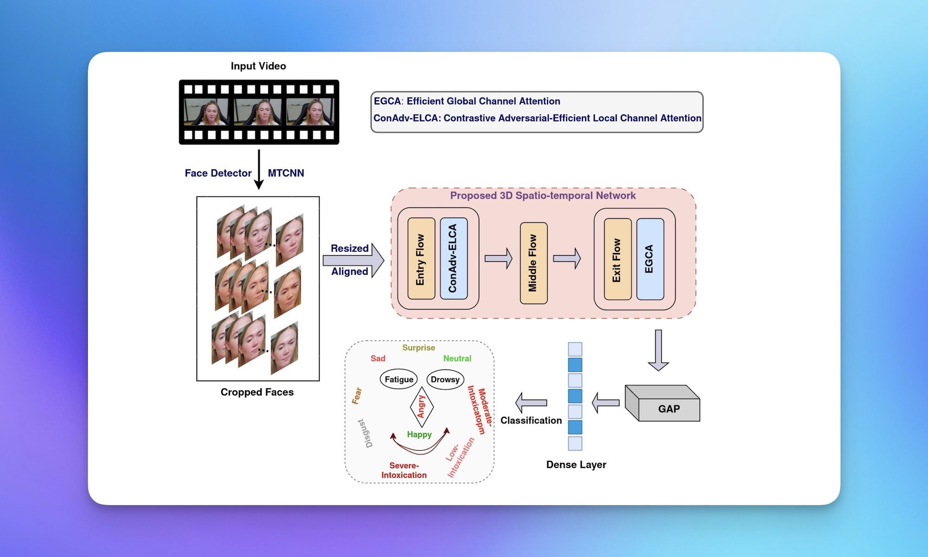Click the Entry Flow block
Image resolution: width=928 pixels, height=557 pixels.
pyautogui.click(x=421, y=259)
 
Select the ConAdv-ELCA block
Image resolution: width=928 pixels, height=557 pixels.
pyautogui.click(x=453, y=259)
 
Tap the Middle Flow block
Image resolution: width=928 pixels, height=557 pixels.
pyautogui.click(x=533, y=263)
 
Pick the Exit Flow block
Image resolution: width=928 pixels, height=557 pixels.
pyautogui.click(x=618, y=259)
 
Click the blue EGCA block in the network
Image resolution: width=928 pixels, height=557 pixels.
pyautogui.click(x=650, y=259)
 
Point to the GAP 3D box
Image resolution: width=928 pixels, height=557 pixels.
pyautogui.click(x=664, y=404)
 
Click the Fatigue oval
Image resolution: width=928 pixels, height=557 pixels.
pyautogui.click(x=399, y=379)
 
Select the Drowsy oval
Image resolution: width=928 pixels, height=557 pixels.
pyautogui.click(x=445, y=379)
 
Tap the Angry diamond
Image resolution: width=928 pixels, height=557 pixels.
pyautogui.click(x=421, y=407)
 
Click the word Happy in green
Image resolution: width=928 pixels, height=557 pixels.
pyautogui.click(x=419, y=434)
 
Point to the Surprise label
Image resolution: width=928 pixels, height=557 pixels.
pyautogui.click(x=419, y=348)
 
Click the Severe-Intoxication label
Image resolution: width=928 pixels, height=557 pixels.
pyautogui.click(x=404, y=470)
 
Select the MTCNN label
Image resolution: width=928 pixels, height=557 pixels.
pyautogui.click(x=286, y=173)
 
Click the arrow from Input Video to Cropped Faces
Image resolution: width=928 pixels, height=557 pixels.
pyautogui.click(x=259, y=169)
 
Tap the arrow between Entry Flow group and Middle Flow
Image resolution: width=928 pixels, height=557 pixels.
pyautogui.click(x=498, y=259)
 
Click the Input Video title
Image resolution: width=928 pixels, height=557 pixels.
pyautogui.click(x=258, y=66)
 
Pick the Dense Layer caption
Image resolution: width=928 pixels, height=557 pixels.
pyautogui.click(x=576, y=465)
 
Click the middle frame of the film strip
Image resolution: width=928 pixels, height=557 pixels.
pyautogui.click(x=258, y=112)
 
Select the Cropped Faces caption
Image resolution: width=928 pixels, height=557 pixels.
pyautogui.click(x=257, y=392)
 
